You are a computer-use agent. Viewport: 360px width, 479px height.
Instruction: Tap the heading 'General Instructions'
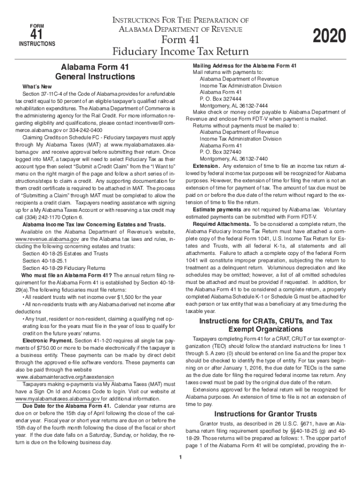95,76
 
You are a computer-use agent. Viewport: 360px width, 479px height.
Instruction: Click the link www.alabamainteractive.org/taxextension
65,377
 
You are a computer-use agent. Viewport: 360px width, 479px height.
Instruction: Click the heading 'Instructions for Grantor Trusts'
266,414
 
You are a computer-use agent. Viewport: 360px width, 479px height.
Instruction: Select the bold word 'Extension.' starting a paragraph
206,166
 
